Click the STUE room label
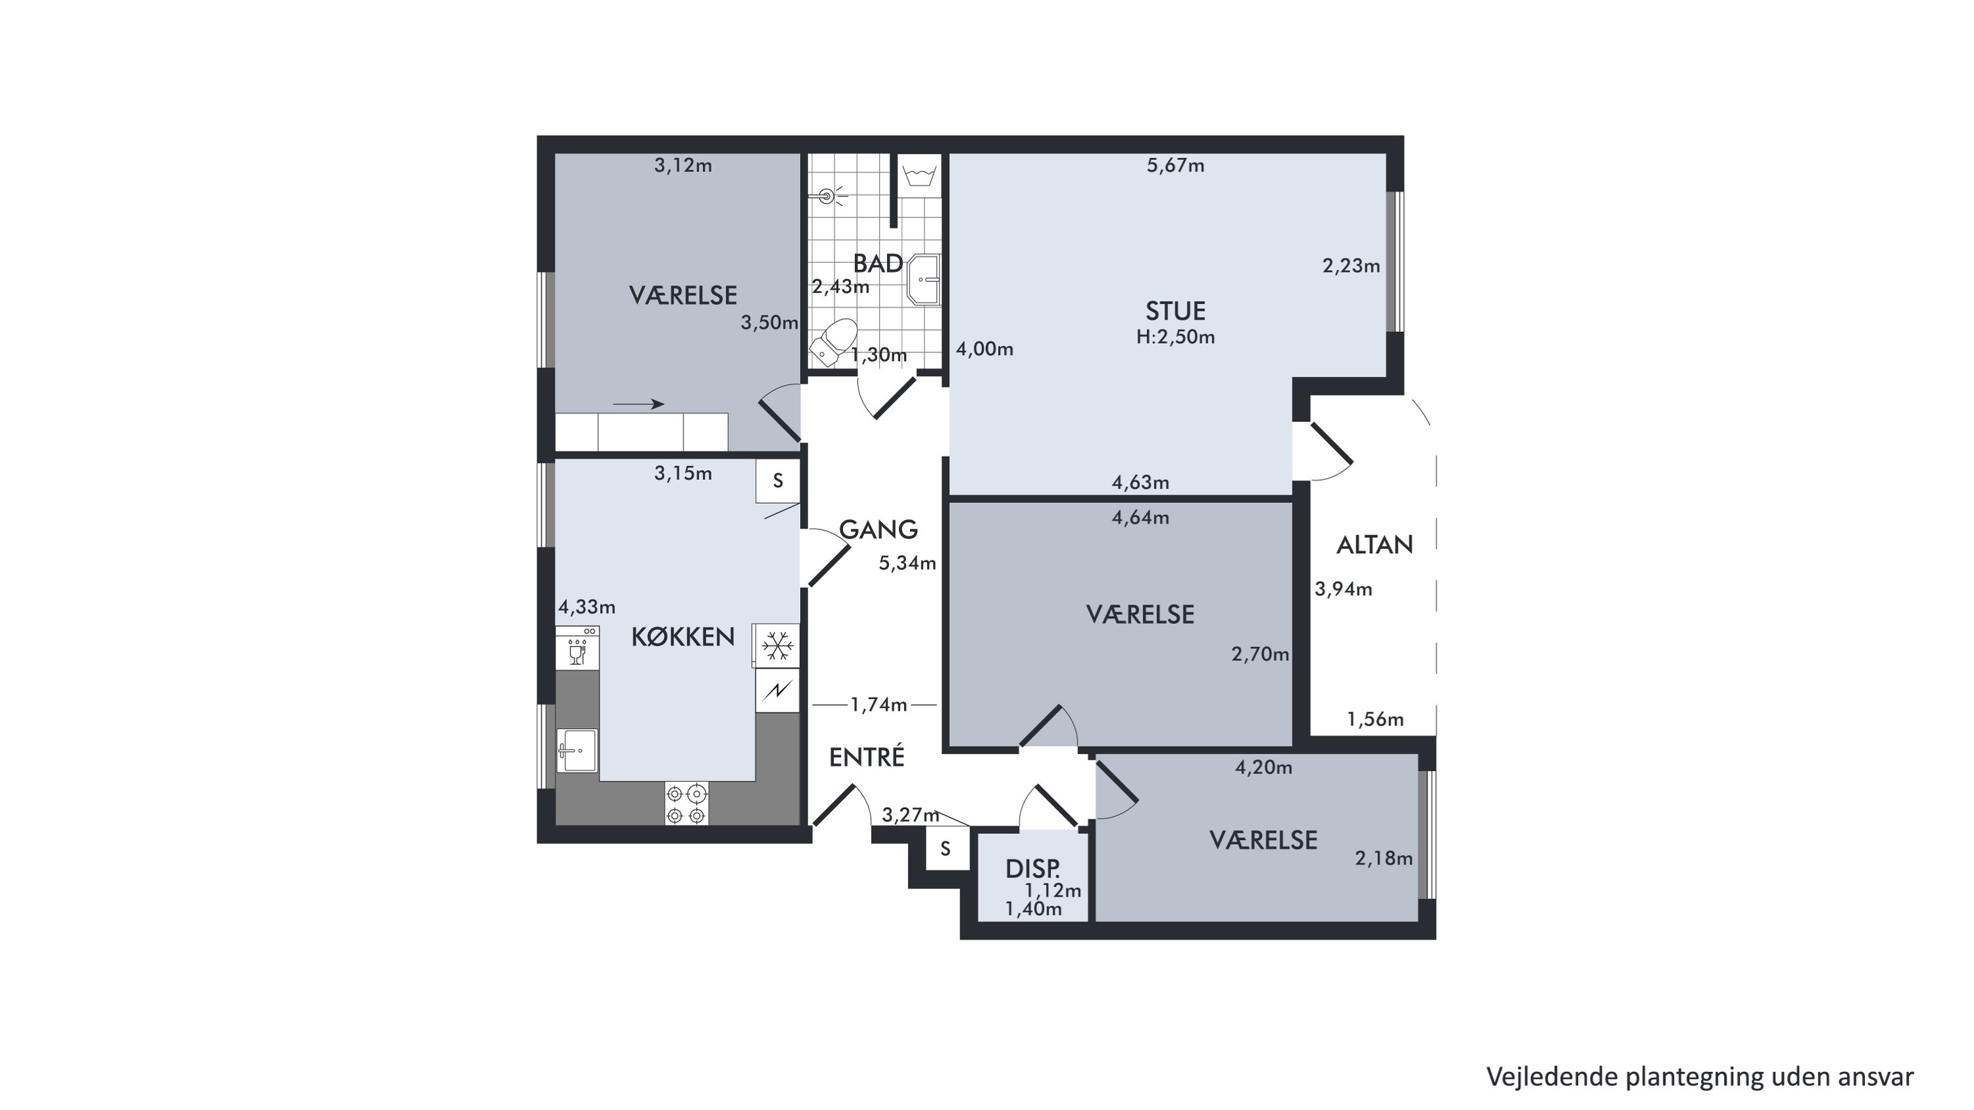pos(1175,311)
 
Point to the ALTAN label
pos(1375,545)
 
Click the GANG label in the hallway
pos(878,529)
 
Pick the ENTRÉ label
pos(867,756)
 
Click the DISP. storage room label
pos(1033,868)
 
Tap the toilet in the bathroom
pos(833,342)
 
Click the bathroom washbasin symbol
pos(923,279)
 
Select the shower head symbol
pos(827,196)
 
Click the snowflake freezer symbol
pos(778,645)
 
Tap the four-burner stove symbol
pos(686,803)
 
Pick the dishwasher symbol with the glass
pos(577,648)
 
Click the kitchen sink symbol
pos(577,750)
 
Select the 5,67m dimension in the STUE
pos(1175,166)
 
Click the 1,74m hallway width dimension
pos(878,704)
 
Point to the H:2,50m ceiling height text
pos(1175,337)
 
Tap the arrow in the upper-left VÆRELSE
pos(638,404)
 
